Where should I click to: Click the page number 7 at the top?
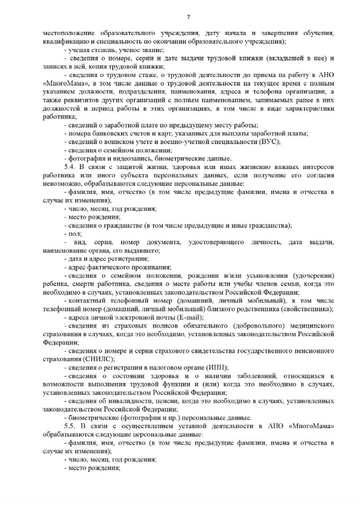point(180,16)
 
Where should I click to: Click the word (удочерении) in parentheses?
point(310,275)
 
